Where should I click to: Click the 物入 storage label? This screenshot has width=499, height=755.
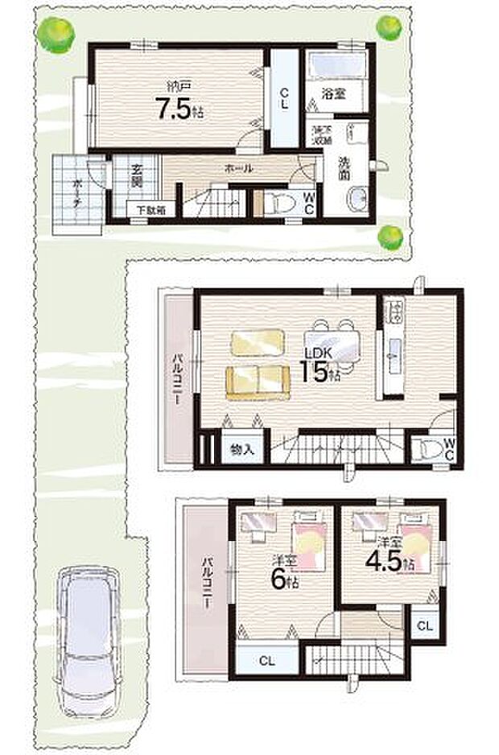(242, 448)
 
